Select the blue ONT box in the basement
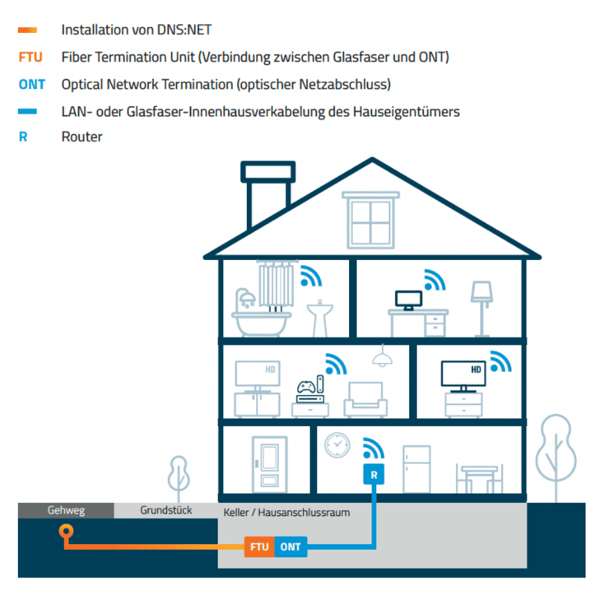(x=291, y=546)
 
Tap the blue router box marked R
(x=374, y=475)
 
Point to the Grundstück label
(x=165, y=510)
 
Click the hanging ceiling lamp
(x=381, y=356)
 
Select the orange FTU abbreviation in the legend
(x=30, y=57)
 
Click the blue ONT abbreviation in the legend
(x=32, y=84)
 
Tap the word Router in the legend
(x=81, y=137)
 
